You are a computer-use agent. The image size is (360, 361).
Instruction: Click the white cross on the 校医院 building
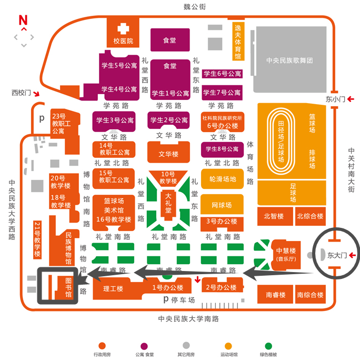coord(123,28)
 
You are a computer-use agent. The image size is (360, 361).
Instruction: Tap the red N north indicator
coord(23,21)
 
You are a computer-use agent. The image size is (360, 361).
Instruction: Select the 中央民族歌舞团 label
coord(289,61)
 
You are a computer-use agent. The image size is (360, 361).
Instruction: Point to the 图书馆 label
coord(68,288)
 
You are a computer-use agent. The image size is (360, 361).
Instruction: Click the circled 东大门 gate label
coord(335,256)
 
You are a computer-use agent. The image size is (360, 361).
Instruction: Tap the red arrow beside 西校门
coord(37,94)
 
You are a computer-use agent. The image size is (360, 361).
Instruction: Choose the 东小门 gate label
coord(334,99)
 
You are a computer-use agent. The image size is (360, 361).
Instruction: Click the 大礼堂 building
coord(168,203)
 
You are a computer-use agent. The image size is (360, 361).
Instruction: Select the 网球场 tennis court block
coord(221,205)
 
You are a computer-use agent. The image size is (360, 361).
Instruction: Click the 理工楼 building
coord(113,289)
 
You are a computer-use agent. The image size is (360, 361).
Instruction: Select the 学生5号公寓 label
coord(119,66)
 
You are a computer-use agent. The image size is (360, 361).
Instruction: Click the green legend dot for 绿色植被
coord(268,346)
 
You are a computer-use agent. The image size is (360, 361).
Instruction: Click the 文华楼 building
coord(168,154)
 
